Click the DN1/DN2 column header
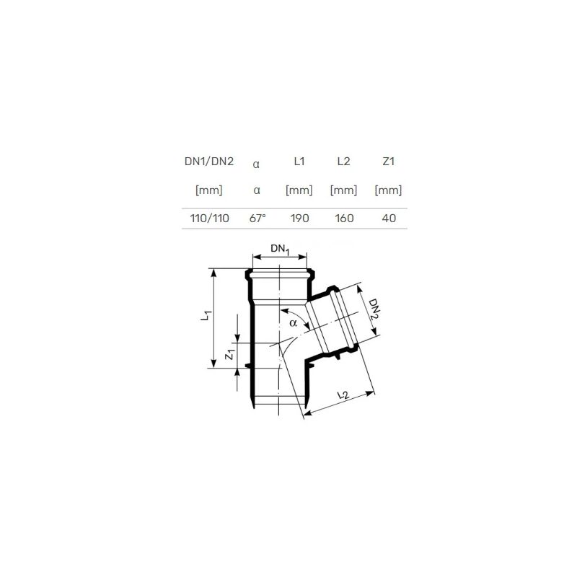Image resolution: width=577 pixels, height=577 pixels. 209,162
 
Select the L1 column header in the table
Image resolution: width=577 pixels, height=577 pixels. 299,162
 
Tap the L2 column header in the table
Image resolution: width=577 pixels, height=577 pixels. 344,162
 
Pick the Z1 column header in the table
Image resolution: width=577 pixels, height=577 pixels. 389,162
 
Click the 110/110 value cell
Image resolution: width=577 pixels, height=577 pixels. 209,219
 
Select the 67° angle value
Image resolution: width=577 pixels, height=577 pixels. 257,219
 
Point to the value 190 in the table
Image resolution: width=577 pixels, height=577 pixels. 299,219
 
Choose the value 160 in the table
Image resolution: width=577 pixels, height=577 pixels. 345,219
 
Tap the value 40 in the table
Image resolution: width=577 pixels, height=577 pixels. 389,219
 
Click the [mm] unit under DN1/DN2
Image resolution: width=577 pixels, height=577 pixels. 209,190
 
